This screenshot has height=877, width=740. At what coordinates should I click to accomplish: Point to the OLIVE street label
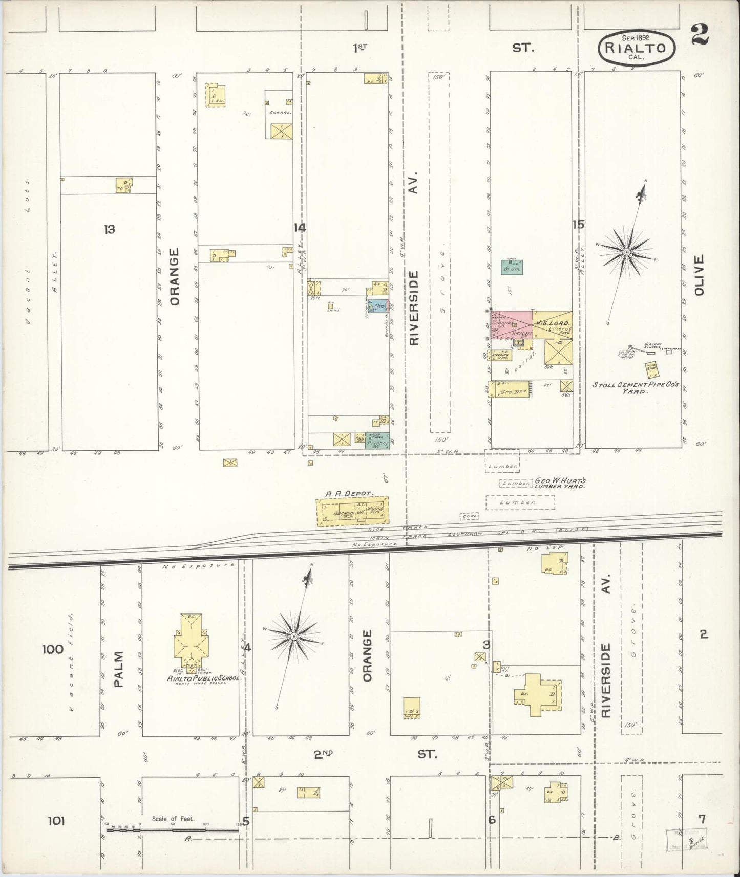pyautogui.click(x=700, y=275)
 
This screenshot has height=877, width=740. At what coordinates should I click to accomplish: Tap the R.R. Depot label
pyautogui.click(x=350, y=494)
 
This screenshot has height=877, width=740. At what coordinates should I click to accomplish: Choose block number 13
pyautogui.click(x=109, y=229)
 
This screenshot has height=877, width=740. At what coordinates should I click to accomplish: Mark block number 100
pyautogui.click(x=53, y=650)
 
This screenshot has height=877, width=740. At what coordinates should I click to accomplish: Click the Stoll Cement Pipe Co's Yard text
pyautogui.click(x=635, y=387)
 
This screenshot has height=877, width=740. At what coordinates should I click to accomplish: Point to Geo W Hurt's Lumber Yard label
pyautogui.click(x=560, y=483)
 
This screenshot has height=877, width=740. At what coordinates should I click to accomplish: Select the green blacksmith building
pyautogui.click(x=512, y=267)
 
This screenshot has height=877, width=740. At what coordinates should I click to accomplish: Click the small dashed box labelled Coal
pyautogui.click(x=469, y=517)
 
